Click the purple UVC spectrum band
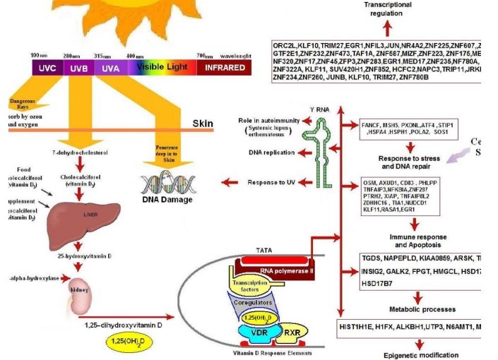[x=45, y=68]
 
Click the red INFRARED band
[x=223, y=68]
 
